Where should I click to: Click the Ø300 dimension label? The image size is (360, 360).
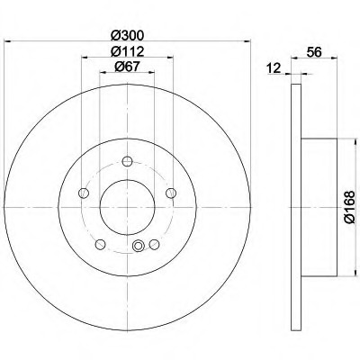pyautogui.click(x=127, y=36)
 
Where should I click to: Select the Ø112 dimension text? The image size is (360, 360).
pyautogui.click(x=127, y=51)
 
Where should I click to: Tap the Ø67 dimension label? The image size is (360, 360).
pyautogui.click(x=127, y=67)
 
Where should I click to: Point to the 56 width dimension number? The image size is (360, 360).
pyautogui.click(x=314, y=52)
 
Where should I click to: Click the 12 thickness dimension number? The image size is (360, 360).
pyautogui.click(x=274, y=68)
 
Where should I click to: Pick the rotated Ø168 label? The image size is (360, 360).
pyautogui.click(x=350, y=207)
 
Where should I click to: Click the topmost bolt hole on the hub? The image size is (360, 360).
pyautogui.click(x=127, y=161)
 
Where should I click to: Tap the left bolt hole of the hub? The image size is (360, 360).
pyautogui.click(x=84, y=193)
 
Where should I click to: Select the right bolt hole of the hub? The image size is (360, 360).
pyautogui.click(x=171, y=193)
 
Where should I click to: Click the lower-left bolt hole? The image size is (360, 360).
pyautogui.click(x=100, y=244)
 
